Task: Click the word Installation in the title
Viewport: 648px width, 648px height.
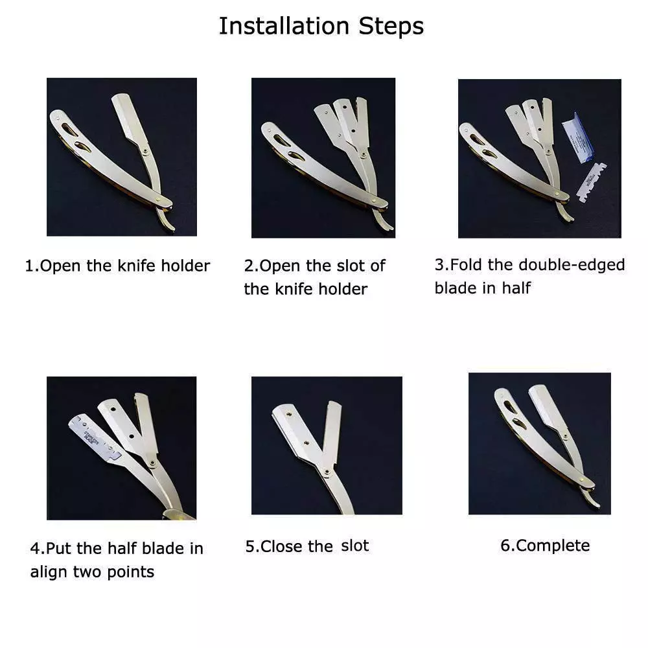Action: (284, 26)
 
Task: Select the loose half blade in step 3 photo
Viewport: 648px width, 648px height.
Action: (592, 182)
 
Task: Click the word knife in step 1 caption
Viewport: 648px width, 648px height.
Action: (136, 265)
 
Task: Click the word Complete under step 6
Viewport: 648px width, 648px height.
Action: (553, 546)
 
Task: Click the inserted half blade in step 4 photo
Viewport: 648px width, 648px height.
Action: (95, 437)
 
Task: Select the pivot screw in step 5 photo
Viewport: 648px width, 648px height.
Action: (327, 472)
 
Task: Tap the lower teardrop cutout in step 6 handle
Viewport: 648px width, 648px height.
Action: (518, 423)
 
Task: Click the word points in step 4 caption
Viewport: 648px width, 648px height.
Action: (131, 572)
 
